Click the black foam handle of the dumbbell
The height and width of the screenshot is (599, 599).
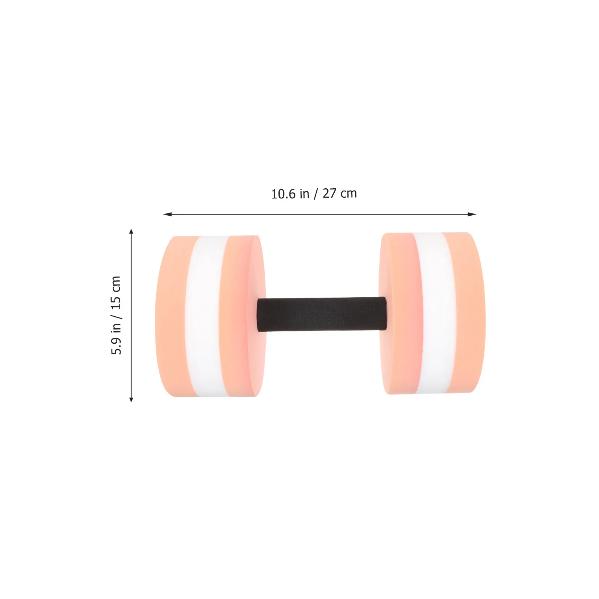322,314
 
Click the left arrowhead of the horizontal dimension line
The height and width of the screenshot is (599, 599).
167,214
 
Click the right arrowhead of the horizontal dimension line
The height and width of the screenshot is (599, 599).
472,214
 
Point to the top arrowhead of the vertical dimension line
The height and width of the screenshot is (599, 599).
131,231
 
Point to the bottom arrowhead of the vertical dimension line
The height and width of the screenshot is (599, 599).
131,399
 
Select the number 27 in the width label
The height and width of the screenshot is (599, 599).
329,193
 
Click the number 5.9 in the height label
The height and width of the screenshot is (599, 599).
116,346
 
